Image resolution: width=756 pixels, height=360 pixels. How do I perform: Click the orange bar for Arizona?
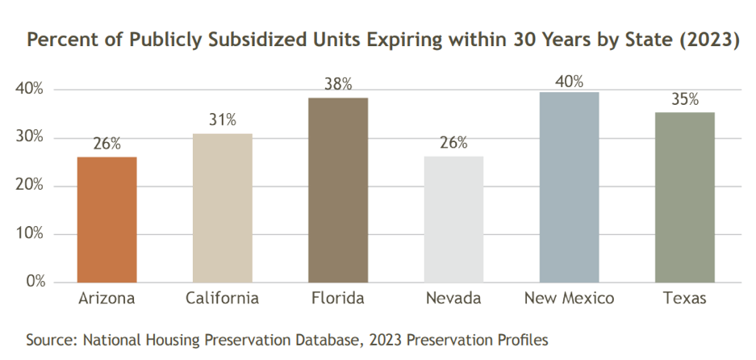(107, 220)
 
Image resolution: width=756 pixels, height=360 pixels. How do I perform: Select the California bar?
(222, 208)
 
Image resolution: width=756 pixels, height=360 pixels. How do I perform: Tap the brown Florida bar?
(337, 190)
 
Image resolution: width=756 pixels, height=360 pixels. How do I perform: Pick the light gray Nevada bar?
(453, 220)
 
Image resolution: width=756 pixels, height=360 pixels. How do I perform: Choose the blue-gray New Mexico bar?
(569, 187)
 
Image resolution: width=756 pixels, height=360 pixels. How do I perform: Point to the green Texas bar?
(684, 198)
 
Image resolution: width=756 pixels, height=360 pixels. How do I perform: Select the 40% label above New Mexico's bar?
(569, 81)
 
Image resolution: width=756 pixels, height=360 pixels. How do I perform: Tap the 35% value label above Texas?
(684, 100)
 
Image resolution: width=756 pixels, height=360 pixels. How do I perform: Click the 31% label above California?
(222, 121)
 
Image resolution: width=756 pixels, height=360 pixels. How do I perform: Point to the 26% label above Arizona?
(107, 144)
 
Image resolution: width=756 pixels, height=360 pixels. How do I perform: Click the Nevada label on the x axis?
(453, 299)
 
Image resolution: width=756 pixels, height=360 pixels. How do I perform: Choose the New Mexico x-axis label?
(569, 299)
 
